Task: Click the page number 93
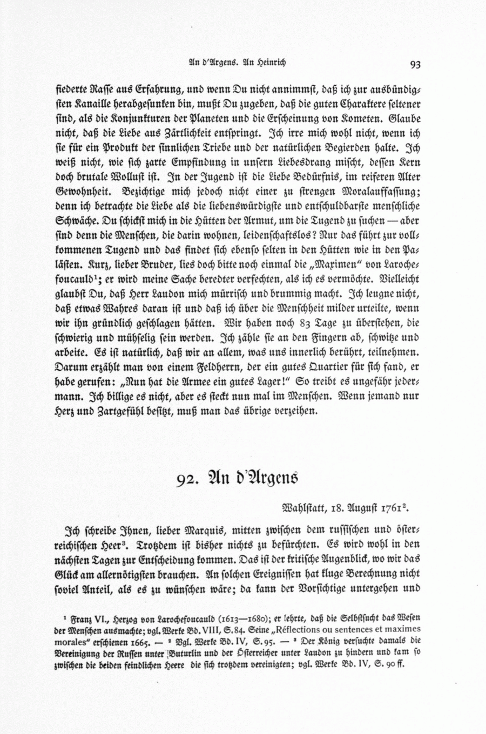415,65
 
